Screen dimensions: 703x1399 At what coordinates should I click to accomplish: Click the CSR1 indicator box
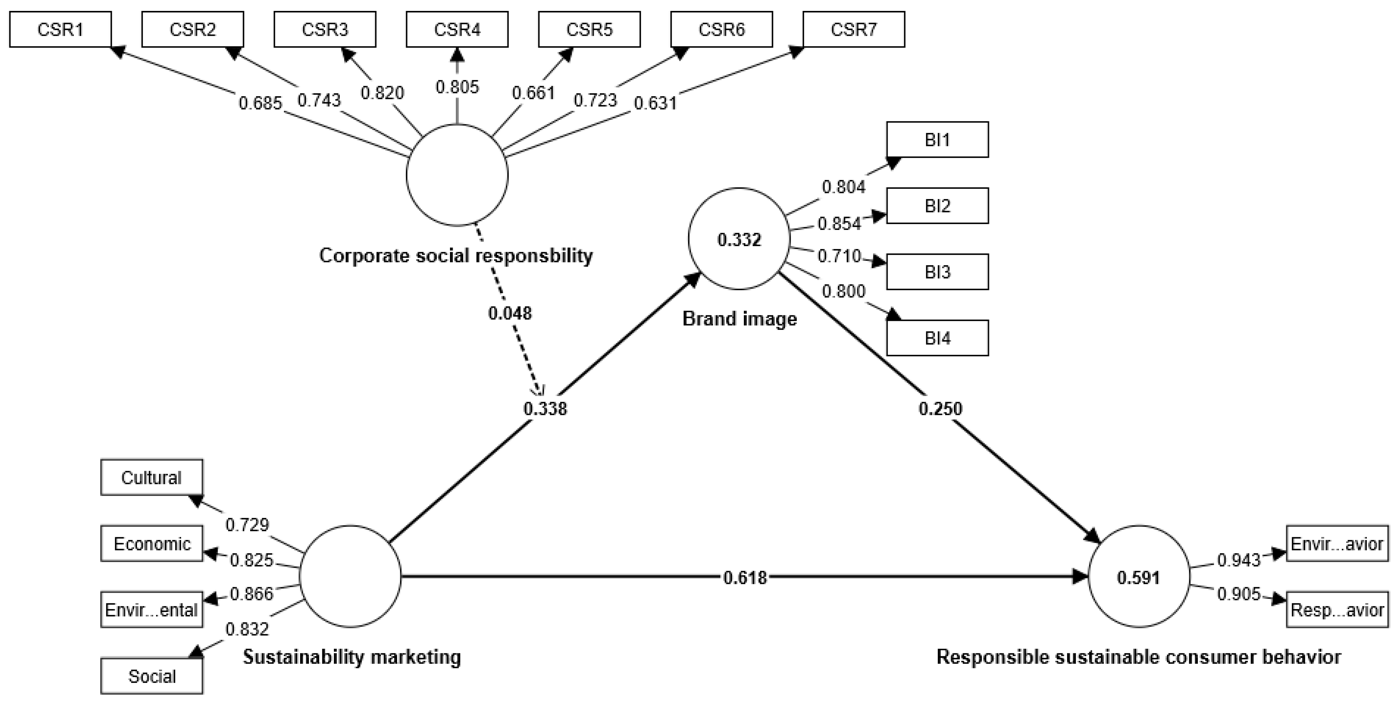coord(60,29)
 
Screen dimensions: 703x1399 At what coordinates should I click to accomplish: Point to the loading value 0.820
coord(382,93)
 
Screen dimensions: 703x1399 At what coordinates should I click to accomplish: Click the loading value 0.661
coord(533,93)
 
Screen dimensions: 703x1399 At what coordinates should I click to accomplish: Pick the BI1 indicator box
coord(937,140)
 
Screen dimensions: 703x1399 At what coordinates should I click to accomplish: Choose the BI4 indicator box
coord(937,338)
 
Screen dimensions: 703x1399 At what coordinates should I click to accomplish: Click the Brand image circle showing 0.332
coord(739,239)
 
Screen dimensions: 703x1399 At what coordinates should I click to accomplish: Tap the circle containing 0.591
coord(1139,577)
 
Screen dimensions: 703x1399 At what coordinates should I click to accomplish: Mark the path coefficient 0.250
coord(940,408)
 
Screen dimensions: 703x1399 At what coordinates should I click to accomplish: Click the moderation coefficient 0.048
coord(510,313)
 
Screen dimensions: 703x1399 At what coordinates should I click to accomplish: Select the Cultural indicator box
coord(152,477)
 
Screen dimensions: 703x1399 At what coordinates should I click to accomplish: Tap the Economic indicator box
coord(152,544)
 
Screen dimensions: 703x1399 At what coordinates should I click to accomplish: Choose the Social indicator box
coord(152,676)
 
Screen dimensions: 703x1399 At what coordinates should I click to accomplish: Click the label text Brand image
coord(739,319)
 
